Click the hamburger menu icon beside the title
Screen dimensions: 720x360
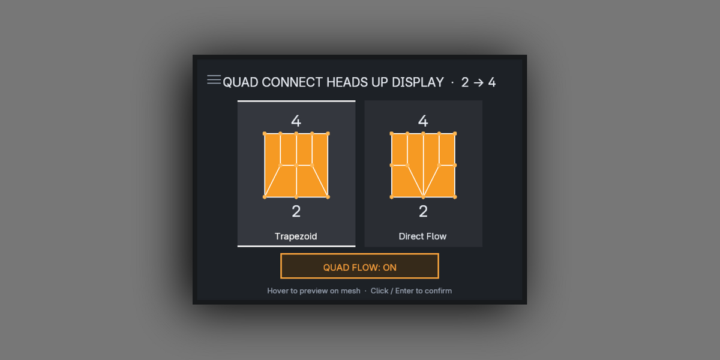(x=214, y=79)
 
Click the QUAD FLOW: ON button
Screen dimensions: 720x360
(x=359, y=266)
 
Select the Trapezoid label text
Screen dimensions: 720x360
(x=296, y=236)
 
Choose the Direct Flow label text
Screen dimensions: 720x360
(x=422, y=236)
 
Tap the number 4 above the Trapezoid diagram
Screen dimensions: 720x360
(x=296, y=121)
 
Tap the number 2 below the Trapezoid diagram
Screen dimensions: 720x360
(x=296, y=211)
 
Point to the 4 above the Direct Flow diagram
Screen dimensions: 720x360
(x=423, y=121)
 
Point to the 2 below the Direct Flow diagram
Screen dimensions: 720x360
(x=423, y=211)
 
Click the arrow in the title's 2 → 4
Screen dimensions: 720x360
(x=478, y=83)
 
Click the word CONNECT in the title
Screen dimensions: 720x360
(x=292, y=82)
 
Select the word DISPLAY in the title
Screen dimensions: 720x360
(x=418, y=82)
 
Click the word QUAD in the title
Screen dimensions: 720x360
(x=241, y=82)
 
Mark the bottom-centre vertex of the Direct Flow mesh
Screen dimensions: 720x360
(x=424, y=197)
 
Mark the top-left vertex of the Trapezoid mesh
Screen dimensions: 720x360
(x=265, y=133)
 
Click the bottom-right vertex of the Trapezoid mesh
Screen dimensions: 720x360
(x=328, y=197)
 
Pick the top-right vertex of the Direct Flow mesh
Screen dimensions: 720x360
(x=455, y=133)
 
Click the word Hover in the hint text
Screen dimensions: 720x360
(x=278, y=291)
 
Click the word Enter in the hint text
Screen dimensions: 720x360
(x=404, y=291)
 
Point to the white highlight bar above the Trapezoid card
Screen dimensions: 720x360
(x=296, y=101)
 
